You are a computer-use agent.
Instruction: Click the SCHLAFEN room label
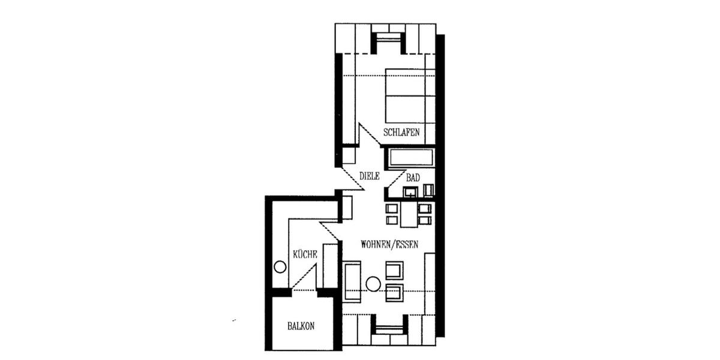click(401, 132)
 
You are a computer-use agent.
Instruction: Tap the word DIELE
click(370, 176)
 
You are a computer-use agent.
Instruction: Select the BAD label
click(413, 178)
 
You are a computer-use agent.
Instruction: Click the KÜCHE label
click(305, 254)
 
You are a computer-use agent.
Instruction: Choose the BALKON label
click(301, 326)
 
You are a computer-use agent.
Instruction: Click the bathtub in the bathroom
click(412, 158)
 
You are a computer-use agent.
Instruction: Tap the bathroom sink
click(411, 192)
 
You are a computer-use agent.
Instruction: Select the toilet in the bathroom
click(428, 190)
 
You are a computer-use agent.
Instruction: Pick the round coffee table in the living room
click(373, 284)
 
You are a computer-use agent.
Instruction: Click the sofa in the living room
click(352, 281)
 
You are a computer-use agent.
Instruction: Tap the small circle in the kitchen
click(280, 267)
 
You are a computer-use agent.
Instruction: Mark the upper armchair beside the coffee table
click(394, 271)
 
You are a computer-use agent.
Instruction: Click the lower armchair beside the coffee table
click(394, 293)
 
